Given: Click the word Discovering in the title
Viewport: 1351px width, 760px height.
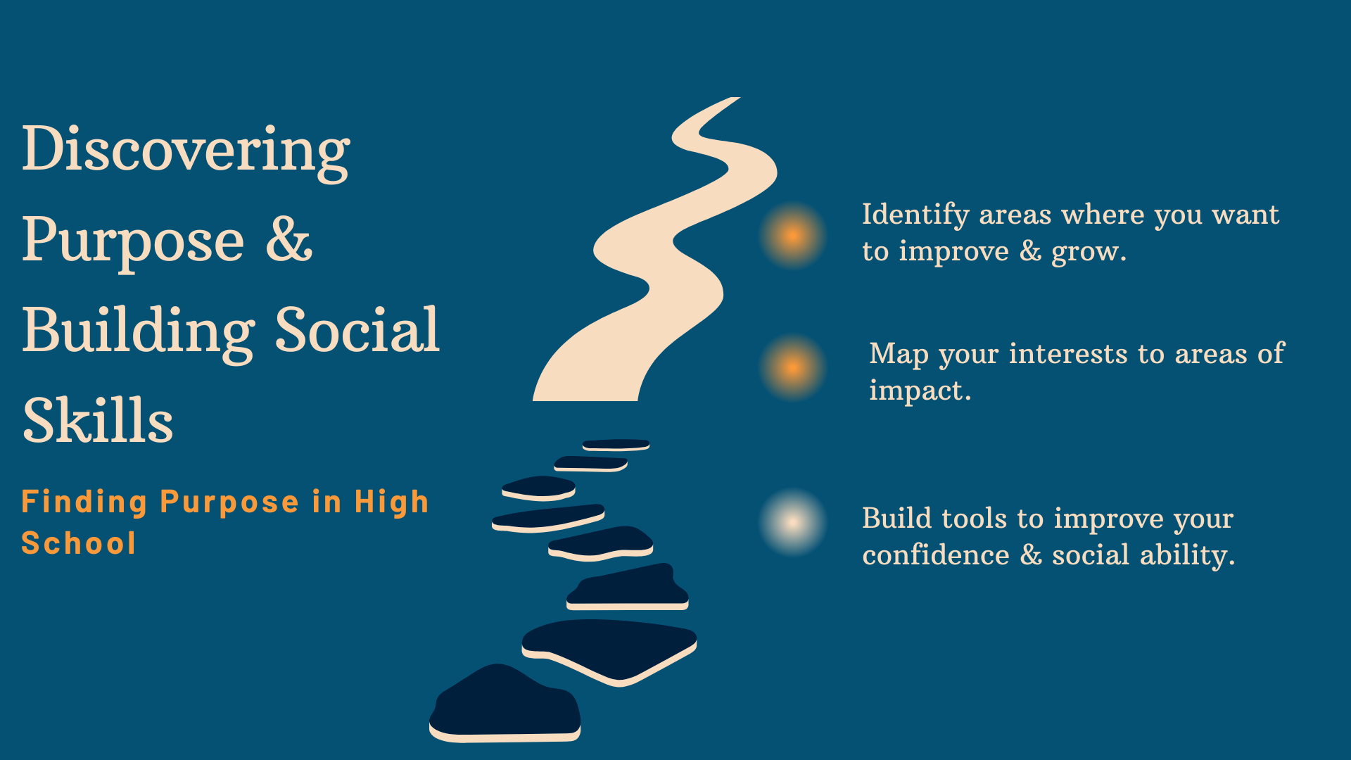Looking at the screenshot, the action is pyautogui.click(x=186, y=151).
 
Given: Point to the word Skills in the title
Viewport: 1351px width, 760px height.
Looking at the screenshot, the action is pyautogui.click(x=98, y=419).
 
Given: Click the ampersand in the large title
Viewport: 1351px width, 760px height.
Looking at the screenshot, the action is pyautogui.click(x=289, y=239).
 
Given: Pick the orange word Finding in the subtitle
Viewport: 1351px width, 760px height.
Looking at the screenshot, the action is pyautogui.click(x=84, y=502).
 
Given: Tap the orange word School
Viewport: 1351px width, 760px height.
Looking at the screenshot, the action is pyautogui.click(x=79, y=543).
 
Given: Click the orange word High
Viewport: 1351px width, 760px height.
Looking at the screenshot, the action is pyautogui.click(x=391, y=502).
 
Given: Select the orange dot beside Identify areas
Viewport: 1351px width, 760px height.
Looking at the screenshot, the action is pyautogui.click(x=793, y=235).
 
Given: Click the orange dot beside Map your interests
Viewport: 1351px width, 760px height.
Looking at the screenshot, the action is pyautogui.click(x=793, y=367).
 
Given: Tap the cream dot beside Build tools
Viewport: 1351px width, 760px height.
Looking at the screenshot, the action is pyautogui.click(x=793, y=522).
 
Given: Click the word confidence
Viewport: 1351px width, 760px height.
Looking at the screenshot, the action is pyautogui.click(x=936, y=555).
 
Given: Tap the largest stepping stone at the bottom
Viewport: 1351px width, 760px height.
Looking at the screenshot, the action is pyautogui.click(x=505, y=704).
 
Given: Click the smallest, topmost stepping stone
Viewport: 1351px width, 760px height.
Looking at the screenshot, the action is pyautogui.click(x=616, y=445).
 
